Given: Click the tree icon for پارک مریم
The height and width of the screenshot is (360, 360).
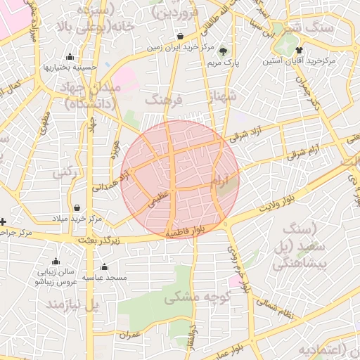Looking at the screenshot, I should [224, 51].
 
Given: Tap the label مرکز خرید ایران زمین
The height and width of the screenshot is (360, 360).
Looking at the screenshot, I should [181, 48].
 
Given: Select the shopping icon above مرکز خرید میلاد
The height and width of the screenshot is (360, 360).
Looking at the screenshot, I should [77, 207].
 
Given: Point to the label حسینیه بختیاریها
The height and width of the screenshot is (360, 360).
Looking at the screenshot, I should [70, 68].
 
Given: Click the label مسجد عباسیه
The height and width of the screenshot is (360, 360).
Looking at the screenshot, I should [105, 278].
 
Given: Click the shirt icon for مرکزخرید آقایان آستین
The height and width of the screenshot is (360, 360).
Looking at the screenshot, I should [299, 50].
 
